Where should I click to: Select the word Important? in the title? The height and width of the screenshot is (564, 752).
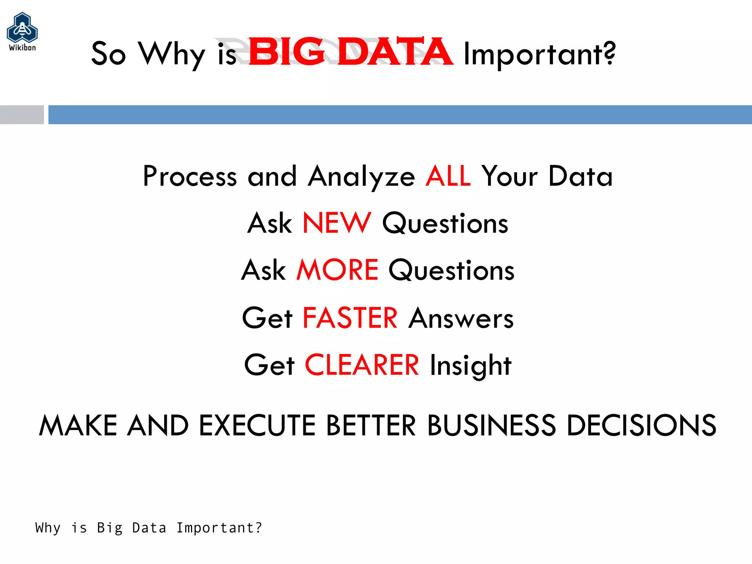click(x=539, y=54)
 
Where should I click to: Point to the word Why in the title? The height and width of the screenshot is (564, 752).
click(x=171, y=54)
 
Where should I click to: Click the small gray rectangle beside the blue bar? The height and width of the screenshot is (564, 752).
click(x=22, y=115)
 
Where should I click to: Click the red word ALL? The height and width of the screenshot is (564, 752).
click(x=448, y=176)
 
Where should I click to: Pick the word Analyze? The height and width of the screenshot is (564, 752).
click(x=362, y=177)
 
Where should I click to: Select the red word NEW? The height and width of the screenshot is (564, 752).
click(x=337, y=223)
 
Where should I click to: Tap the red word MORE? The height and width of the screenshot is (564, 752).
click(x=337, y=270)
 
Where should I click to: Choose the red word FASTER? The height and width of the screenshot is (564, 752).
click(x=350, y=318)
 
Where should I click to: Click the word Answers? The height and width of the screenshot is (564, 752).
click(x=461, y=318)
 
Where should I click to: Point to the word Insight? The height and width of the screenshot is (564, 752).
click(x=470, y=366)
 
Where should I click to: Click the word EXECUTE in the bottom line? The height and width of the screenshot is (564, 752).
click(x=257, y=425)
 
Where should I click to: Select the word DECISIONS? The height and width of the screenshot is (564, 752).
click(x=641, y=425)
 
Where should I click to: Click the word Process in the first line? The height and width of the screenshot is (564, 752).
click(x=190, y=176)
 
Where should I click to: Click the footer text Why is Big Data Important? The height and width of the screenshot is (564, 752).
click(x=149, y=528)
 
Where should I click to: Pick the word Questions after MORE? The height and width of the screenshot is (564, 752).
click(x=451, y=270)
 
